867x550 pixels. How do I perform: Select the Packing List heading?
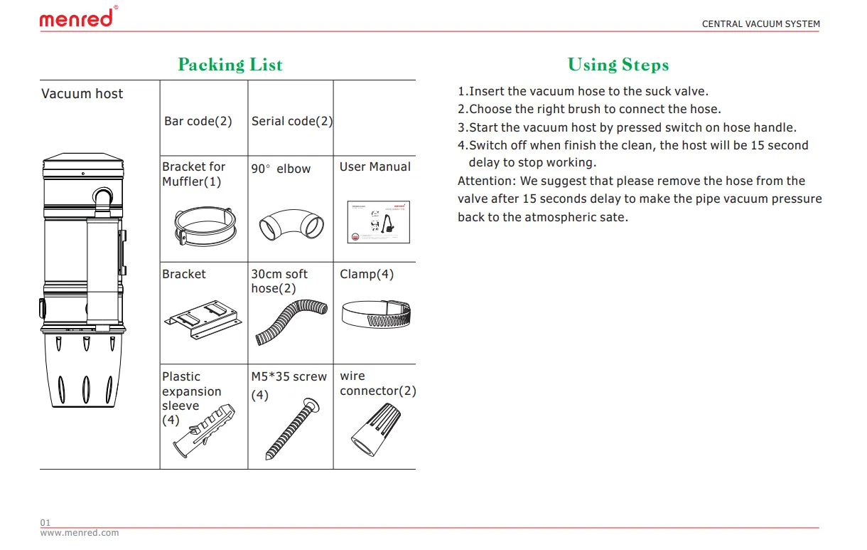tap(230, 65)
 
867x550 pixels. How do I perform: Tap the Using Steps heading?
tap(618, 65)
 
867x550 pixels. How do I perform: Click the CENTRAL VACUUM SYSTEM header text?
tap(760, 24)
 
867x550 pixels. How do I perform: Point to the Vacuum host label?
tap(82, 94)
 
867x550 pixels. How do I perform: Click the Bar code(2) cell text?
tap(198, 121)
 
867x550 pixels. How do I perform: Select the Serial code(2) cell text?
tap(291, 121)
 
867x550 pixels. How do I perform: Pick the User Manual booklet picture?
tap(379, 222)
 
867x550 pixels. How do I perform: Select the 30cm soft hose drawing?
tap(289, 322)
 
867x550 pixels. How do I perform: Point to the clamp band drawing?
tap(376, 313)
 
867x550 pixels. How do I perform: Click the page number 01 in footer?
tap(45, 523)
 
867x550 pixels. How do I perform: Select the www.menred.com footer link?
tap(80, 533)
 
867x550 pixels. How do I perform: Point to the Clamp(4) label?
tap(367, 275)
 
